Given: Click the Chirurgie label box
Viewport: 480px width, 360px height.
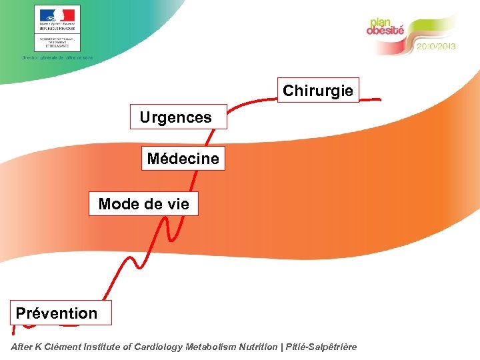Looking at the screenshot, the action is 318,91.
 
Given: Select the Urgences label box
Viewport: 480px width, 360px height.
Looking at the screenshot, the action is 179,117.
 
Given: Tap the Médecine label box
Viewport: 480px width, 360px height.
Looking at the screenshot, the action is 183,159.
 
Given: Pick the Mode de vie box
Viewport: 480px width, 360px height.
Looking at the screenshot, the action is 143,204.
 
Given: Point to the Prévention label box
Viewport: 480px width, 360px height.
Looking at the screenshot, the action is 57,313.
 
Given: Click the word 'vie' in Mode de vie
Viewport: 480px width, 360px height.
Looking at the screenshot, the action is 177,204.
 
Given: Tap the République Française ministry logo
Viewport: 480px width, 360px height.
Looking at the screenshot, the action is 57,28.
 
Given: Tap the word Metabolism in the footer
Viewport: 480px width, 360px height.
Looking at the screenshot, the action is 215,347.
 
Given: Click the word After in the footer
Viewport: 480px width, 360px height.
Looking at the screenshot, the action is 23,347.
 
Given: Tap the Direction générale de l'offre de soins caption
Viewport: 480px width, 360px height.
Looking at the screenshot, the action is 57,58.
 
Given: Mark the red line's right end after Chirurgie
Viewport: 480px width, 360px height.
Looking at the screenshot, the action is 379,99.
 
